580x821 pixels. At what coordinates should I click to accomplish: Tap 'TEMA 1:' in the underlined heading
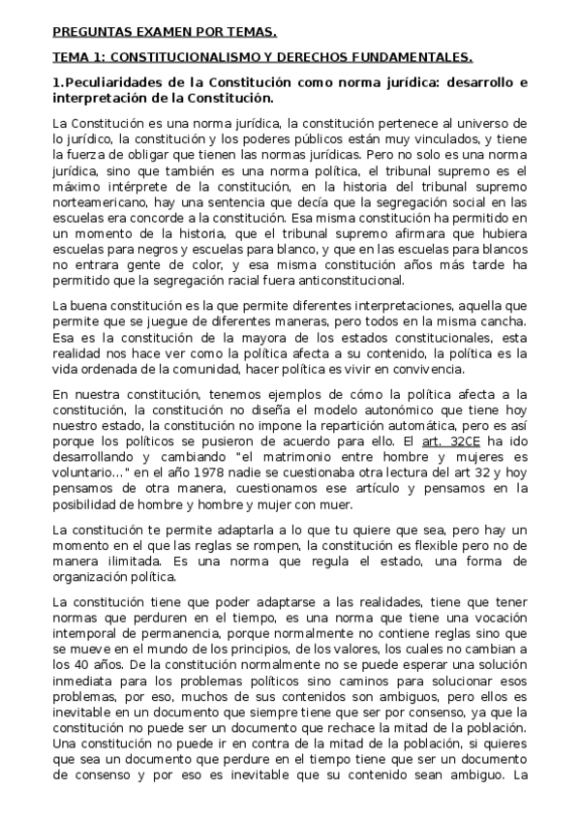77,57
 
